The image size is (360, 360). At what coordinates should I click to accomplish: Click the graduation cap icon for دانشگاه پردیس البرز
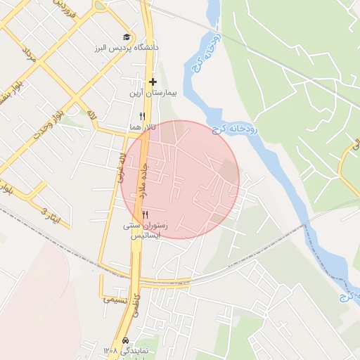(x=127, y=37)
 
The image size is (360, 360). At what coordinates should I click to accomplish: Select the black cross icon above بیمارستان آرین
(x=153, y=82)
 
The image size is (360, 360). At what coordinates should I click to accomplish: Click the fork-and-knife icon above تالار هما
(x=142, y=116)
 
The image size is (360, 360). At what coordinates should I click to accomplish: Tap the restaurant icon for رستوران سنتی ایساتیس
(x=146, y=214)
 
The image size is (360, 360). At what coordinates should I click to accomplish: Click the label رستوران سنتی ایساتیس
(x=146, y=231)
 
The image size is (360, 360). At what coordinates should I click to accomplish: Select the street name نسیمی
(x=116, y=300)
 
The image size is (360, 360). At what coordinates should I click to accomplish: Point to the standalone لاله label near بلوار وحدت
(x=91, y=112)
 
